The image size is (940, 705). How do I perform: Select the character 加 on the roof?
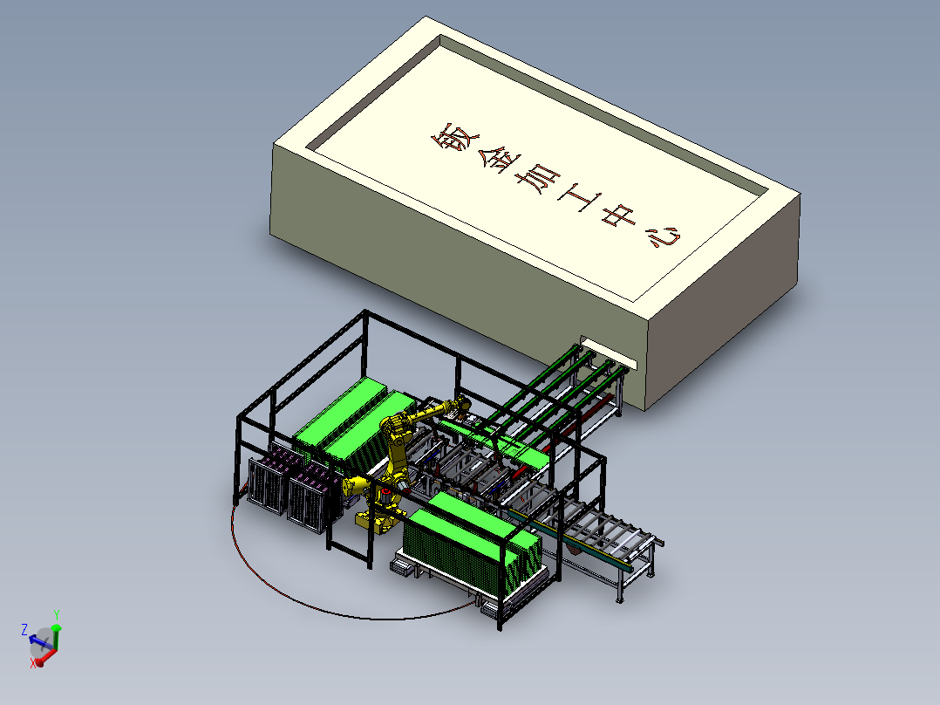pos(538,179)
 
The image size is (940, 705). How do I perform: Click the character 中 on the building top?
pos(619,216)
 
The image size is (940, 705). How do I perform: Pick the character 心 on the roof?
pos(663,236)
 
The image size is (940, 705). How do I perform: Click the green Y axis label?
pos(57,615)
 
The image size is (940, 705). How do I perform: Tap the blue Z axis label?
pos(24,629)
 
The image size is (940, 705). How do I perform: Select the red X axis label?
pos(33,663)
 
